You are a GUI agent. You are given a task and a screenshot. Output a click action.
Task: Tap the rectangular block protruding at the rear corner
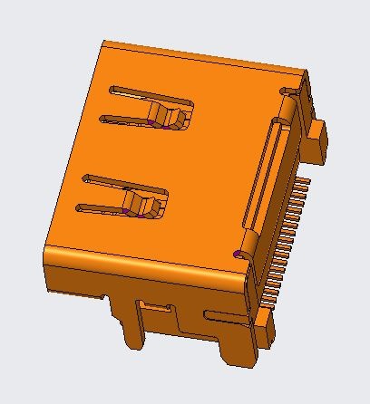[316, 139]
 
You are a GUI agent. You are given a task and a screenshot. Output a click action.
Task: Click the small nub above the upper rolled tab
[289, 91]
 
